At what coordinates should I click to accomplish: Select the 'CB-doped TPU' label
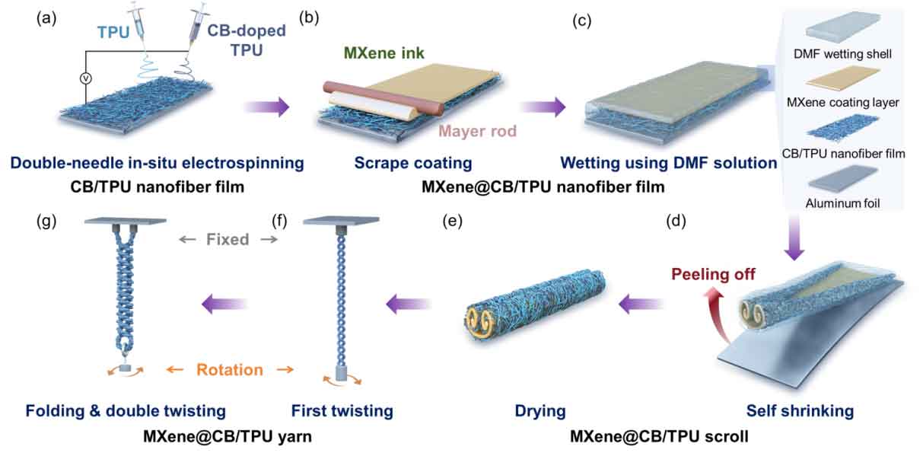(232, 40)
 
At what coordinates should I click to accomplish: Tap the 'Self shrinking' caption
(799, 411)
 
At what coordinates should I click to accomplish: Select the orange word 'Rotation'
(230, 371)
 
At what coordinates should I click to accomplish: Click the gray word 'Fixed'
(228, 240)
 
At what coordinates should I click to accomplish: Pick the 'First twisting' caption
(342, 411)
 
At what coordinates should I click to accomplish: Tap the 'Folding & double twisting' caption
(126, 411)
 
